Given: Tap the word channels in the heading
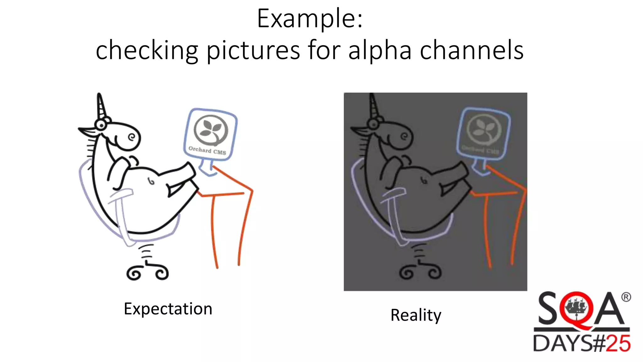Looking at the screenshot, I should (x=472, y=50).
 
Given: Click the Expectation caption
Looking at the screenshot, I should (x=168, y=309).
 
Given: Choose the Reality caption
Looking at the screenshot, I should (x=416, y=315).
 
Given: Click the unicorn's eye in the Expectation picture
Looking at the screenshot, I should (x=101, y=125).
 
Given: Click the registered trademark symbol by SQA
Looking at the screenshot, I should (x=626, y=297).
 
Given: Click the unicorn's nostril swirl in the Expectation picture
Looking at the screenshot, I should (x=132, y=137).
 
